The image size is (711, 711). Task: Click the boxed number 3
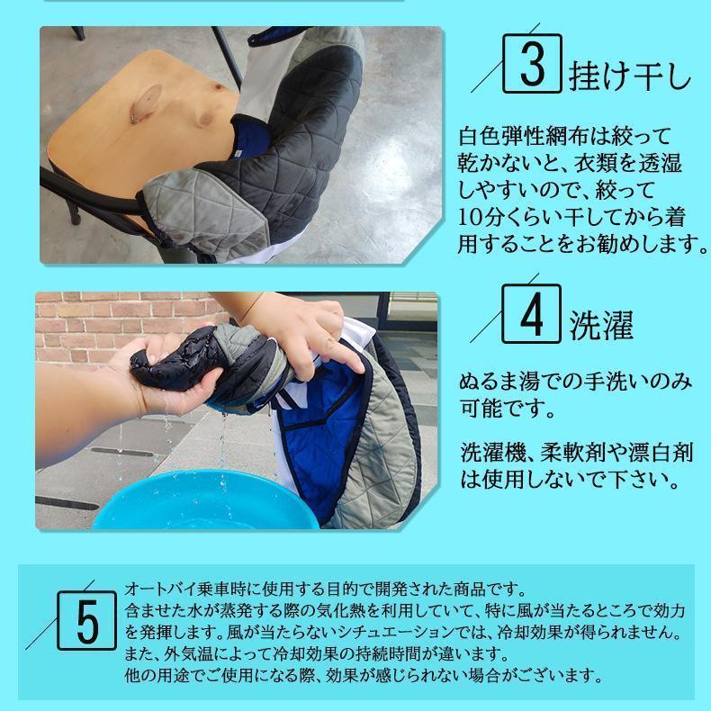[x=532, y=64]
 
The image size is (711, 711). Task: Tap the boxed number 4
[x=531, y=313]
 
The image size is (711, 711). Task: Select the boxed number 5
[x=86, y=620]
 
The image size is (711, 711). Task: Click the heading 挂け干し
[x=630, y=76]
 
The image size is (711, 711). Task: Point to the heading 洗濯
[x=601, y=326]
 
